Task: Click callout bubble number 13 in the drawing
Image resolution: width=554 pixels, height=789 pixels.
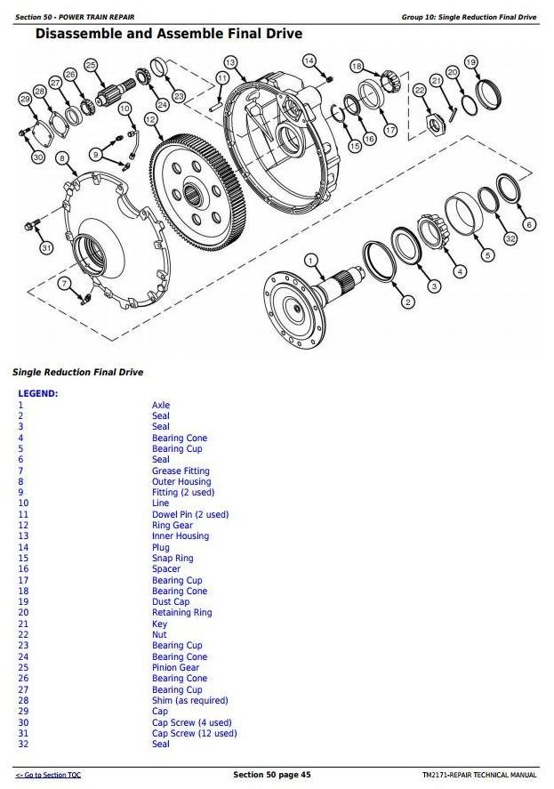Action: [230, 62]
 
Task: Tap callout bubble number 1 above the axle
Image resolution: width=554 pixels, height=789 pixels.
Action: [310, 261]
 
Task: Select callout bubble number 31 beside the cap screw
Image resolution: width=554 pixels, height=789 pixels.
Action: [46, 247]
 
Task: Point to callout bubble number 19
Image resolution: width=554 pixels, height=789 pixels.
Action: [470, 61]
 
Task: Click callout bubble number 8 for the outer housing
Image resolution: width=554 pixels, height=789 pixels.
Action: [61, 158]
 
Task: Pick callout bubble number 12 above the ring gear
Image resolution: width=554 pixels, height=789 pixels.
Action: [150, 118]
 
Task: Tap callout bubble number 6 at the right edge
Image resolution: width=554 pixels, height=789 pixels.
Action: [530, 225]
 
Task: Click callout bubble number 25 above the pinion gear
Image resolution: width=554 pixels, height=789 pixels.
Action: [91, 64]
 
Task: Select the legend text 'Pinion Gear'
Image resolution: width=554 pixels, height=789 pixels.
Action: [175, 667]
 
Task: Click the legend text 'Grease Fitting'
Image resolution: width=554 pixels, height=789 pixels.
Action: [181, 471]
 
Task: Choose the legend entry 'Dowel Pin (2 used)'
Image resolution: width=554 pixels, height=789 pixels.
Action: [189, 514]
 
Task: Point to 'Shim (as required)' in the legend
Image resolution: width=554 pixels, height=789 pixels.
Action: [189, 700]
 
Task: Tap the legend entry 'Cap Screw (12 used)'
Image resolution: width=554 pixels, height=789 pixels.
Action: [194, 733]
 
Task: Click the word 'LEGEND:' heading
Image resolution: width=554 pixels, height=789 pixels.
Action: [38, 393]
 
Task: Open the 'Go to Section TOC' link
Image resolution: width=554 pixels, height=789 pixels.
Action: [48, 776]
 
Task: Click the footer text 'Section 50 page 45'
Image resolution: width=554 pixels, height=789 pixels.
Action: [271, 775]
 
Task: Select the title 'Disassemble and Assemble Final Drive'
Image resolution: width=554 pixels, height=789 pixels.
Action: [168, 34]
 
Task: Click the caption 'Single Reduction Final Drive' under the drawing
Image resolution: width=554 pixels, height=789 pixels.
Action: [77, 372]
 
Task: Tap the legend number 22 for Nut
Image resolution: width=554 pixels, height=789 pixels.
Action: [23, 634]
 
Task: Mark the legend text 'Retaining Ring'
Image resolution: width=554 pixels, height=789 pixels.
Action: [181, 612]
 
